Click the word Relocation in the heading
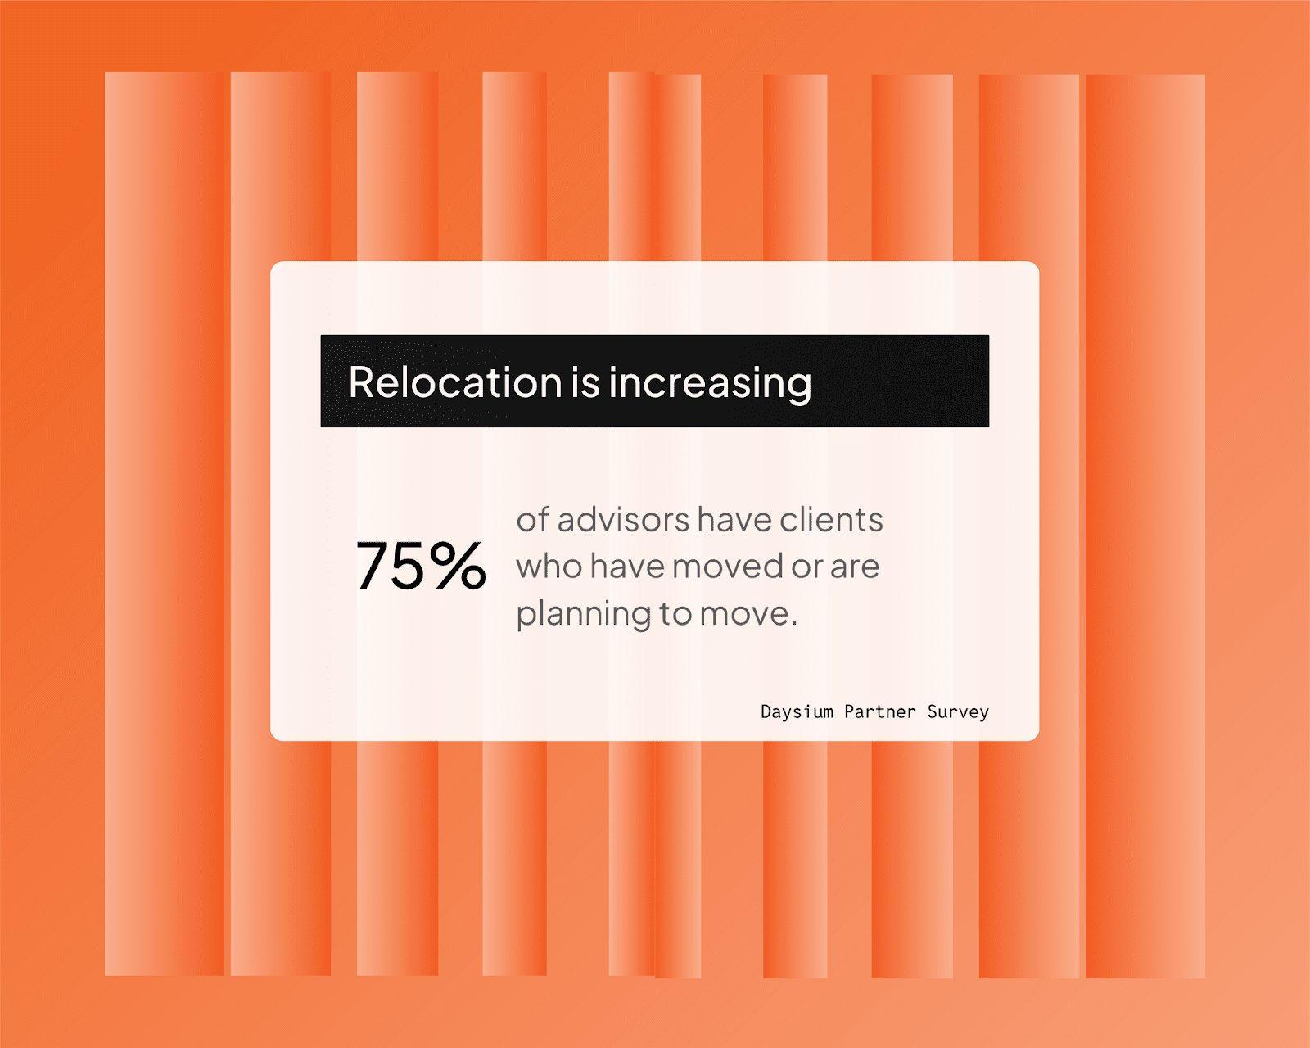tap(454, 382)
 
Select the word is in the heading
tap(585, 382)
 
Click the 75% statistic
tap(421, 566)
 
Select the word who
tap(549, 566)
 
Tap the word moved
tap(727, 566)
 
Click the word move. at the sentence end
tap(748, 614)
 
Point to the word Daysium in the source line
tap(796, 711)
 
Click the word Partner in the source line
tap(879, 711)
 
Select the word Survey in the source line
tap(958, 711)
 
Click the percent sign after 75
tap(457, 566)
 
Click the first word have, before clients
tap(734, 519)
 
